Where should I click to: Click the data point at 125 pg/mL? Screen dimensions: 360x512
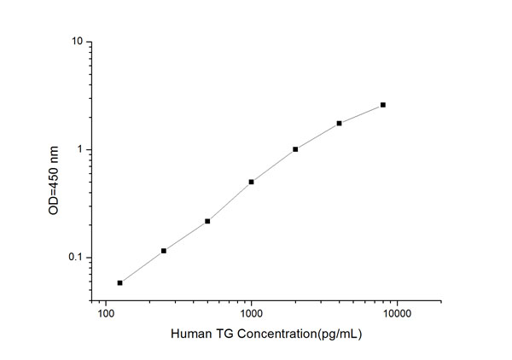pyautogui.click(x=119, y=282)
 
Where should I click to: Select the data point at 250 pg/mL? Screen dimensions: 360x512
pyautogui.click(x=163, y=251)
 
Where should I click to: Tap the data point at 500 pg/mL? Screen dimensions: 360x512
pyautogui.click(x=207, y=221)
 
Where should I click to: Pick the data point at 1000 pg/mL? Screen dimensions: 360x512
pyautogui.click(x=251, y=182)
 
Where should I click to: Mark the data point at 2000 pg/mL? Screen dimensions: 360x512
pyautogui.click(x=295, y=149)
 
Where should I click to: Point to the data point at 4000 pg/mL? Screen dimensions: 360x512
pyautogui.click(x=339, y=123)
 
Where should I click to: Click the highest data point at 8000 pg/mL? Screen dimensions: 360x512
pyautogui.click(x=383, y=105)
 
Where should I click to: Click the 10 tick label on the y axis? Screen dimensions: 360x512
pyautogui.click(x=76, y=42)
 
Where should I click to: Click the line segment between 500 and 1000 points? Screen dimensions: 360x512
pyautogui.click(x=230, y=201)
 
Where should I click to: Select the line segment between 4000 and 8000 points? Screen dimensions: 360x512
pyautogui.click(x=361, y=113)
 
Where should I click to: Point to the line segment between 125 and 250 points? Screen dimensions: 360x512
pyautogui.click(x=142, y=266)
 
